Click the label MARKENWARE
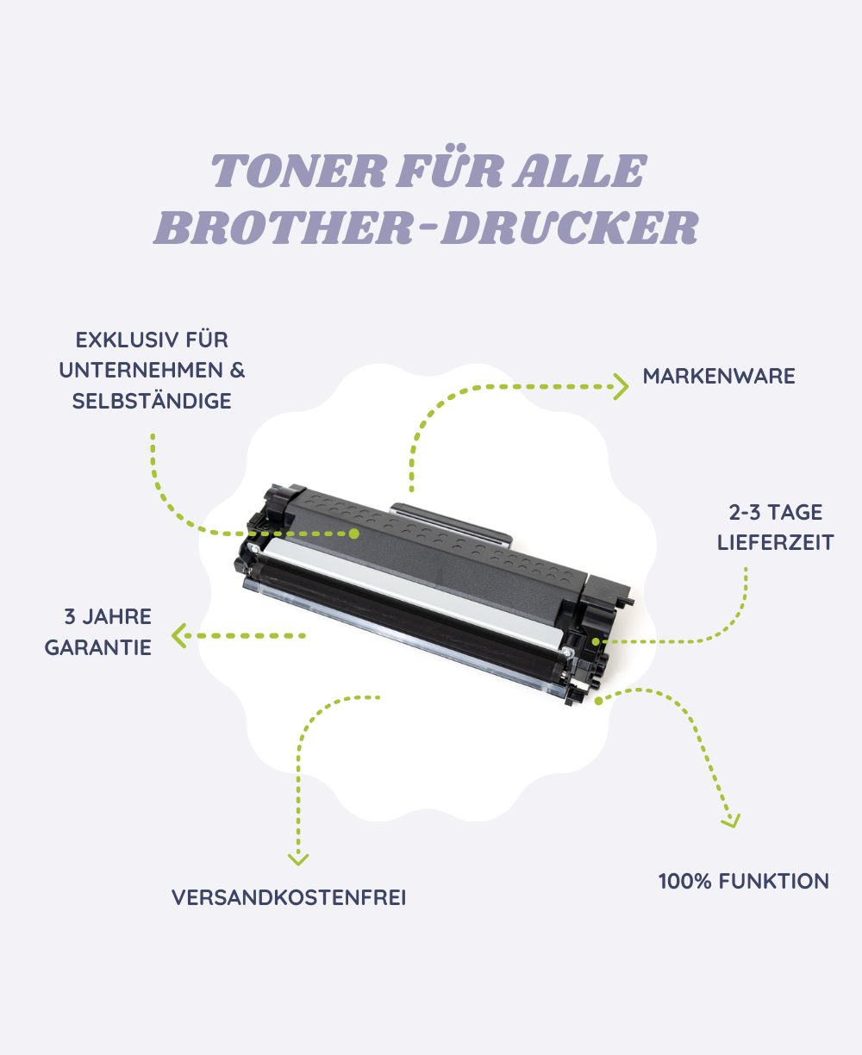pyautogui.click(x=719, y=376)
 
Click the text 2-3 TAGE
pyautogui.click(x=775, y=512)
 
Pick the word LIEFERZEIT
pyautogui.click(x=775, y=543)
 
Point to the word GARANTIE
pyautogui.click(x=98, y=647)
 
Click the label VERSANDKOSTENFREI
pyautogui.click(x=289, y=897)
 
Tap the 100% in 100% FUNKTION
pyautogui.click(x=684, y=881)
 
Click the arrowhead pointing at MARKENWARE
pyautogui.click(x=621, y=386)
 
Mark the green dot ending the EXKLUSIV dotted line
pyautogui.click(x=353, y=534)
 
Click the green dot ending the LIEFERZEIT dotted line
pyautogui.click(x=597, y=641)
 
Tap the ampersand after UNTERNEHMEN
pyautogui.click(x=237, y=371)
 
